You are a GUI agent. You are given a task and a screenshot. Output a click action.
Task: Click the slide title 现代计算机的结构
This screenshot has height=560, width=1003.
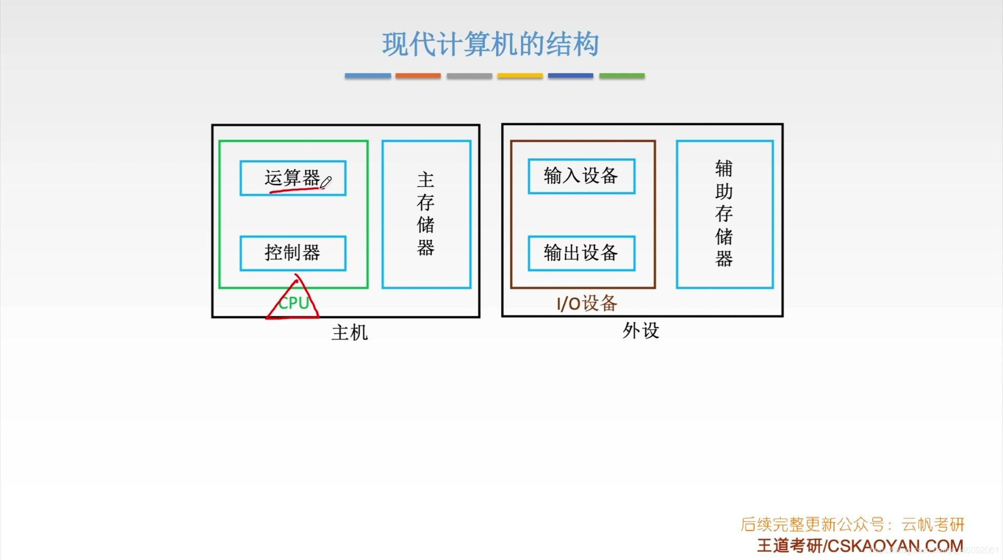coord(490,44)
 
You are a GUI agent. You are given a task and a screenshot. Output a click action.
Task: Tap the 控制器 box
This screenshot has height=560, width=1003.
coord(293,253)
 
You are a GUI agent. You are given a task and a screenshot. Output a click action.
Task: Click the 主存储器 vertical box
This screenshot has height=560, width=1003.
coord(426,214)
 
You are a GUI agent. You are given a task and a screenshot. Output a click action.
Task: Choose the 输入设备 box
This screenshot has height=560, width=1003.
coord(581,176)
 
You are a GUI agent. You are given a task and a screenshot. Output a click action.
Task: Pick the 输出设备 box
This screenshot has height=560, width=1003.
coord(581,253)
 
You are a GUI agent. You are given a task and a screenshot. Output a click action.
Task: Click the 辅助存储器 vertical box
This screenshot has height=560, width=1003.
coord(724,214)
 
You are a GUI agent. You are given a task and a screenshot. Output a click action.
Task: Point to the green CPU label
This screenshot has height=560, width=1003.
coord(293,303)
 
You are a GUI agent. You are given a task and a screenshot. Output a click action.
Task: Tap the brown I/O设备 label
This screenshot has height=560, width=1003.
coord(586,303)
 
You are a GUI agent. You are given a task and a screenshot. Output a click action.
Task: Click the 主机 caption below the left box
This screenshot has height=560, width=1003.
coord(349,333)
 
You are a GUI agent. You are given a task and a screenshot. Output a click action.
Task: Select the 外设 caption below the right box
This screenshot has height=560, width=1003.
coord(641,331)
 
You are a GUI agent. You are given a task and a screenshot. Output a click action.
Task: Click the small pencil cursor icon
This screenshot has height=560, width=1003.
coord(326,182)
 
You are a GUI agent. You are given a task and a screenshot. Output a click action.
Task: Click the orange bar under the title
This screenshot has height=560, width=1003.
coord(418,76)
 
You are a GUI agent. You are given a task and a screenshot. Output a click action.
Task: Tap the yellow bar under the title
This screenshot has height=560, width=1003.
coord(519,76)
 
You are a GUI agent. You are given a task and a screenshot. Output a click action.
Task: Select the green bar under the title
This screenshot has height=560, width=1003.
coord(622,76)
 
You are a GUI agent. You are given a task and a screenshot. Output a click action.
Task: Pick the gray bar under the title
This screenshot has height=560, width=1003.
coord(469,76)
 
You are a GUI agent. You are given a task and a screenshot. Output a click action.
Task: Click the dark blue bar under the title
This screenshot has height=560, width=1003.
coord(571,76)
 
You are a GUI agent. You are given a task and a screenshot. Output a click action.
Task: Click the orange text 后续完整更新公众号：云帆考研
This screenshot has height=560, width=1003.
coord(852,525)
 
